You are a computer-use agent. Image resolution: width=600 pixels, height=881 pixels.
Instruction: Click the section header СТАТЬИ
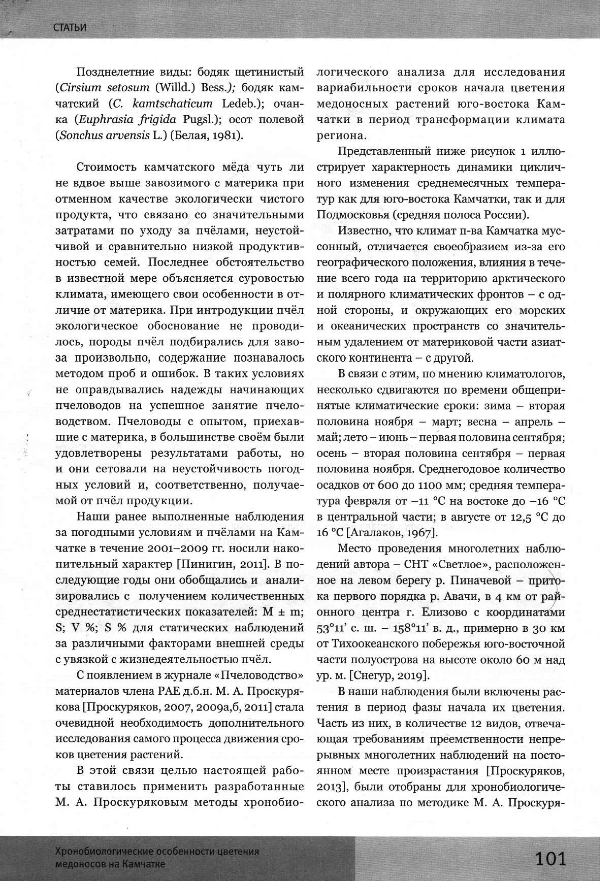coord(70,27)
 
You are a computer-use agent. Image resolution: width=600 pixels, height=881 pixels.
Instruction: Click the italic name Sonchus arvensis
coord(105,135)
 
